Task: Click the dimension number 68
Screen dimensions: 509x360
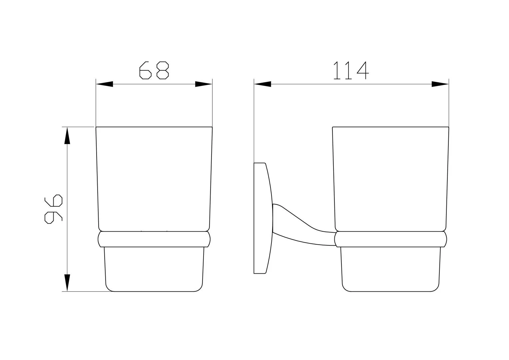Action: point(154,70)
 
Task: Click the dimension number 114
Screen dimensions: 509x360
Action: point(351,70)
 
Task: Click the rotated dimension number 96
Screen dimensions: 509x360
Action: point(53,209)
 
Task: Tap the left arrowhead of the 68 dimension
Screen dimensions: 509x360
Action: point(105,84)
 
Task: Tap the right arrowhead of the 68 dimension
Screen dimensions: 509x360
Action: point(204,84)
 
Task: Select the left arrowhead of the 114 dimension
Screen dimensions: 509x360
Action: point(263,84)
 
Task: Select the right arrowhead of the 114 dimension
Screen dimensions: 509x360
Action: point(440,84)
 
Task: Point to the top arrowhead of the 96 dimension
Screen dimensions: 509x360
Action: point(67,136)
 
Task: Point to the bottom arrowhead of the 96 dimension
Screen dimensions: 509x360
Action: point(67,283)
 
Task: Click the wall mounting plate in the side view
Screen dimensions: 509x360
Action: point(263,218)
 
